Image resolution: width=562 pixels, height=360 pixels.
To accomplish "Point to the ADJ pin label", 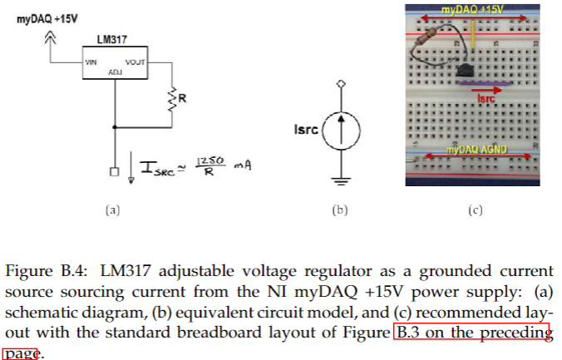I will (x=115, y=72).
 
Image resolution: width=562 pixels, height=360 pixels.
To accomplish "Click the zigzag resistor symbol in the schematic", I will (x=173, y=99).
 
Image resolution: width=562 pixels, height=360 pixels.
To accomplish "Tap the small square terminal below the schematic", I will (x=114, y=174).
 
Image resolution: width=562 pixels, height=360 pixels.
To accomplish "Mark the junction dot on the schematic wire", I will (x=114, y=127).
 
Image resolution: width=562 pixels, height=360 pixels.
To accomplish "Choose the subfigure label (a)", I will (x=114, y=210).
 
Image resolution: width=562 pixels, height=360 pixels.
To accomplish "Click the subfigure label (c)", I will (x=475, y=210).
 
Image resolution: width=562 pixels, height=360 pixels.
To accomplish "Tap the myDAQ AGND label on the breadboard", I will (x=476, y=150).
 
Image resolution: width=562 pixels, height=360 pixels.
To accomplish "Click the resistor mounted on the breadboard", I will (x=429, y=37).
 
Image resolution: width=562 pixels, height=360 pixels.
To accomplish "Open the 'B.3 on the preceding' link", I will (x=473, y=333).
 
